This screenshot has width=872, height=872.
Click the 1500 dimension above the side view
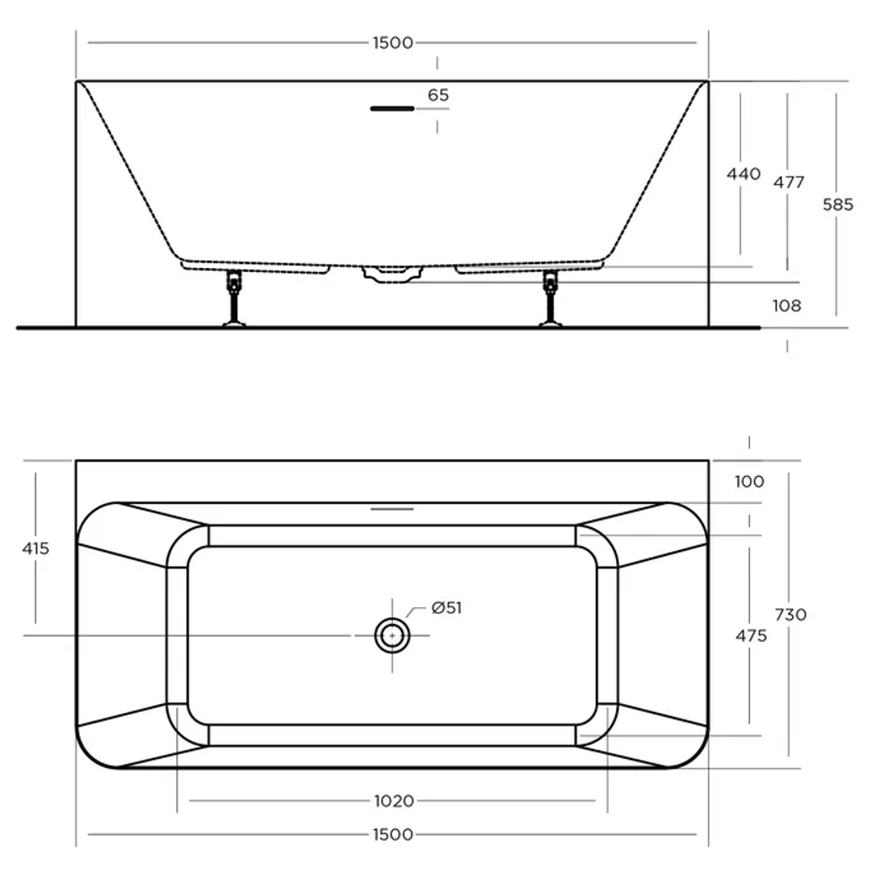(x=392, y=43)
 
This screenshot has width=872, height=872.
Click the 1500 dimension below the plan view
(x=392, y=834)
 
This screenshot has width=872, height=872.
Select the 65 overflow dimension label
(x=438, y=95)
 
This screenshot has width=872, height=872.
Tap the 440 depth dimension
(x=744, y=174)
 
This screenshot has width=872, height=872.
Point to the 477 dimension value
(x=788, y=182)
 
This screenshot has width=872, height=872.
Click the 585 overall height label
(x=837, y=204)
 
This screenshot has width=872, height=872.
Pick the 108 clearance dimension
(x=786, y=306)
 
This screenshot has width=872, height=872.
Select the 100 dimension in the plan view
(x=749, y=482)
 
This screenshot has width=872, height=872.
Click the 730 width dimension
(x=790, y=614)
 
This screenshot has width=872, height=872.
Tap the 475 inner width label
(x=751, y=636)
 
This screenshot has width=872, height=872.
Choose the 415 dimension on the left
(x=36, y=548)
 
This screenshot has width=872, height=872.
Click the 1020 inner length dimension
(x=393, y=801)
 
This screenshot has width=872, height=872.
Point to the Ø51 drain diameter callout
(x=446, y=608)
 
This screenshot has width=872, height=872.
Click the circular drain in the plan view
(x=392, y=635)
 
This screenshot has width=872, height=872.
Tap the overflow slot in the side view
(x=392, y=108)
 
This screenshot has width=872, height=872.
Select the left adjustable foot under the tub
(x=234, y=300)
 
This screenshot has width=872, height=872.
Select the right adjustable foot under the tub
(x=551, y=300)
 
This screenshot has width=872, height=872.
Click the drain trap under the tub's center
(x=392, y=275)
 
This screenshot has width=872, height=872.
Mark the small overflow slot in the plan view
(x=392, y=509)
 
